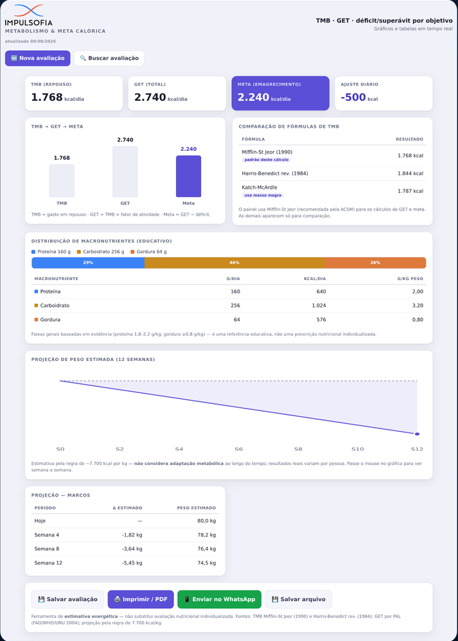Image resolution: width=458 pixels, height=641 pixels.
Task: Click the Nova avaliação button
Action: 38,58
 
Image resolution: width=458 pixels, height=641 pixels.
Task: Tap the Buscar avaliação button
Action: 109,58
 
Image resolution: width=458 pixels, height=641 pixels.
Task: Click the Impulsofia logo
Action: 29,15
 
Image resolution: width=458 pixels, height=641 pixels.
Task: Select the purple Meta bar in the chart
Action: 188,176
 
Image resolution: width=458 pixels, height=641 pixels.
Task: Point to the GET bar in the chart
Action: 125,171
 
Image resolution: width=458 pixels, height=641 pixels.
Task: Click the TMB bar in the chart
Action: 62,180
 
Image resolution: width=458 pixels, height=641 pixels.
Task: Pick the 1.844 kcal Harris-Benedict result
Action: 410,173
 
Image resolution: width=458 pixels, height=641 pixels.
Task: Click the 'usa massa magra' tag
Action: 263,195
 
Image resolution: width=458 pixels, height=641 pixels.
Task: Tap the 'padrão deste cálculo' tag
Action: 266,160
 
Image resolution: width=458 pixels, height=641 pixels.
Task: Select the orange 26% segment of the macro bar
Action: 375,263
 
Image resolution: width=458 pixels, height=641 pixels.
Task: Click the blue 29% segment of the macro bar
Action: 88,263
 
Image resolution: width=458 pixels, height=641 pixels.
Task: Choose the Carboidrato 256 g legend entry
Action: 100,252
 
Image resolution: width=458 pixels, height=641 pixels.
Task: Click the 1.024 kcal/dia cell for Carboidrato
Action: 316,305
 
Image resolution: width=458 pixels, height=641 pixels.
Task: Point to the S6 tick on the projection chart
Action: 238,449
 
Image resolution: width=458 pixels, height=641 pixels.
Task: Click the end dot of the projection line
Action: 417,434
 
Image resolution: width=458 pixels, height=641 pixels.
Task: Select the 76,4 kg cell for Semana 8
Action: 206,549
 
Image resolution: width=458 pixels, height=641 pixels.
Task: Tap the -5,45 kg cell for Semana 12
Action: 132,563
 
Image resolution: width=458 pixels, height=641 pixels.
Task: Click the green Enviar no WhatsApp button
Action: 219,599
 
